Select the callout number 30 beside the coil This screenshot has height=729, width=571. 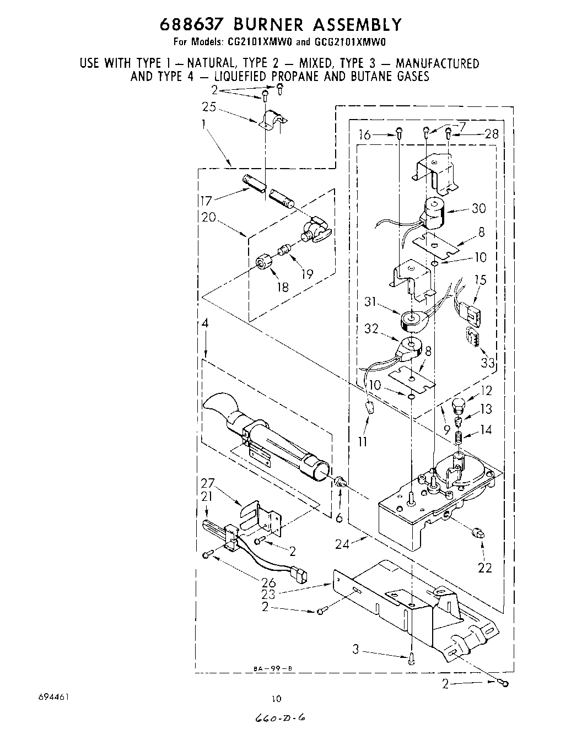click(x=478, y=209)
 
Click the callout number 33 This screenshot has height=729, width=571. click(x=487, y=363)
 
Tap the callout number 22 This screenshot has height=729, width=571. click(x=484, y=568)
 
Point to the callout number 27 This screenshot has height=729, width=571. click(x=207, y=484)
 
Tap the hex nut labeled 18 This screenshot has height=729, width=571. click(x=265, y=263)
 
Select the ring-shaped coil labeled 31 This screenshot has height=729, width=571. click(x=411, y=318)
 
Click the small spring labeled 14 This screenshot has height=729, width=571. click(x=457, y=437)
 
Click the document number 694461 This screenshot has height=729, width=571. click(x=53, y=696)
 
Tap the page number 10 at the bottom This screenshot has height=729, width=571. click(x=276, y=699)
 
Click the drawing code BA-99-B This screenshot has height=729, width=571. click(x=272, y=669)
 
